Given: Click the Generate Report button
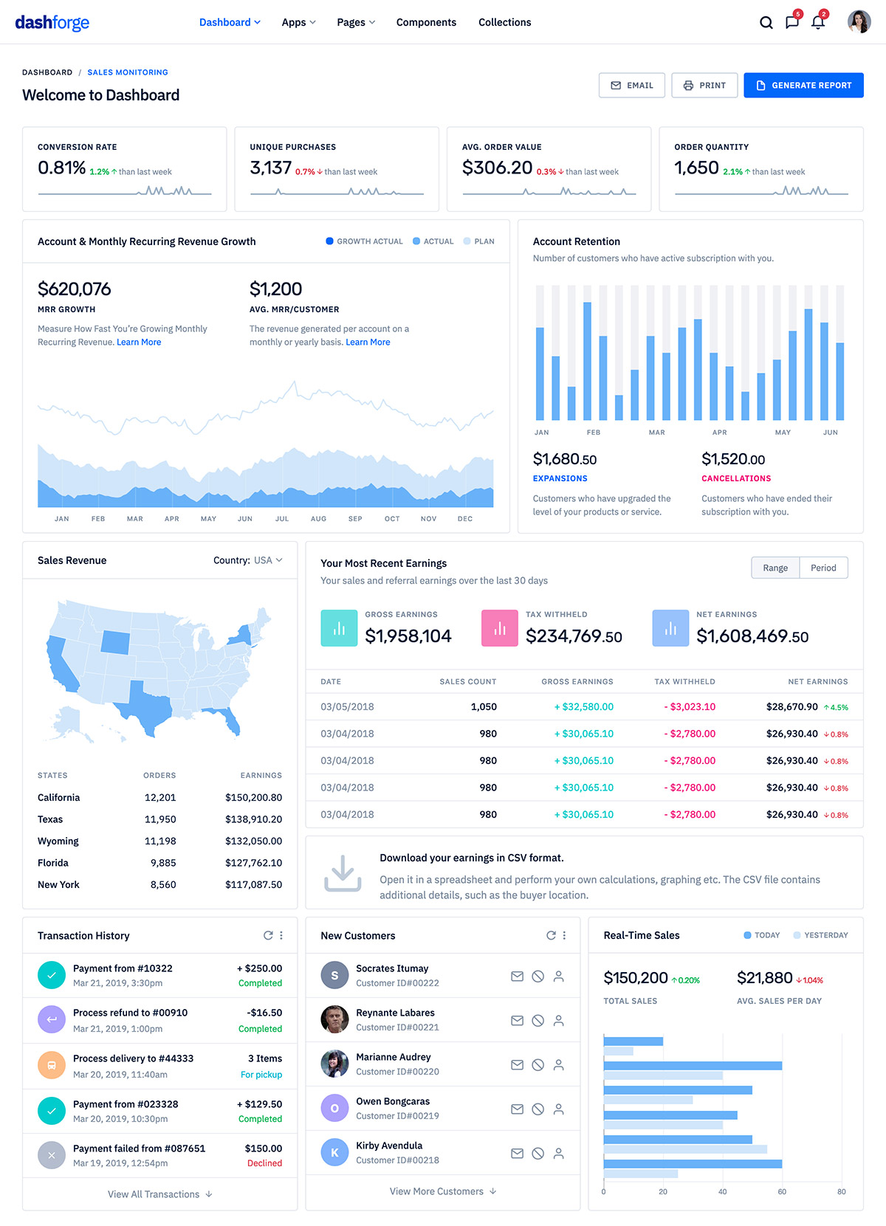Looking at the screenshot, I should (x=803, y=86).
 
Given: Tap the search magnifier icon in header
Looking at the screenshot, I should (x=766, y=22).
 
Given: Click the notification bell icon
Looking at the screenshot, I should (x=818, y=22).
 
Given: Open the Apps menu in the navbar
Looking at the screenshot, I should (x=298, y=22).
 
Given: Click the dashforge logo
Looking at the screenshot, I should (x=52, y=22).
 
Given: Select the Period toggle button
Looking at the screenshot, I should (x=823, y=568).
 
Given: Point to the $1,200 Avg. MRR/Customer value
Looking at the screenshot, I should (x=275, y=289).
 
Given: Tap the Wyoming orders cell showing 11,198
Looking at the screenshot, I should (x=160, y=841).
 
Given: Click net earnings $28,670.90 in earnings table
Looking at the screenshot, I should (x=791, y=706).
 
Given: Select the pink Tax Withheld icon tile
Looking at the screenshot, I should (x=499, y=628).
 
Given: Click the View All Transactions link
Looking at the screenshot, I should (x=159, y=1194).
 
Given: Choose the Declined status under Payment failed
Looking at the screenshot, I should (x=264, y=1163).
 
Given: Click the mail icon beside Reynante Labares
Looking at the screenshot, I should (x=517, y=1021).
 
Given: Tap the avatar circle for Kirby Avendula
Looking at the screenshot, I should (x=334, y=1152).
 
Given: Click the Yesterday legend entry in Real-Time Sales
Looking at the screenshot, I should (x=820, y=935).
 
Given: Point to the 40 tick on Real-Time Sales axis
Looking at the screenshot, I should (x=722, y=1191).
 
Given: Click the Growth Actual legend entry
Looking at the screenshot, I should (x=364, y=241).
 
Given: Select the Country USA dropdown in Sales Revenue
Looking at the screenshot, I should (x=248, y=560).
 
